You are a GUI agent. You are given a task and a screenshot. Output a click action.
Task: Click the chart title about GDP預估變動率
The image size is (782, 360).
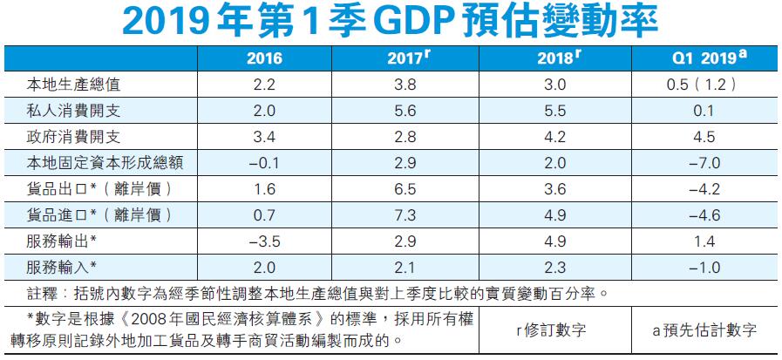[x=390, y=24]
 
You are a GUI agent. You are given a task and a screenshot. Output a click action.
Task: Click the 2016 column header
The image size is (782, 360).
[x=264, y=59]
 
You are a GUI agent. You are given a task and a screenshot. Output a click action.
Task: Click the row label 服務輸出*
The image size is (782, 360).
[x=60, y=240]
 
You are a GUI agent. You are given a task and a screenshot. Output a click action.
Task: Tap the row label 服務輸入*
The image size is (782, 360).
[x=60, y=265]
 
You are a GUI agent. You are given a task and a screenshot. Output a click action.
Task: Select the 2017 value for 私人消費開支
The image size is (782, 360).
[x=405, y=111]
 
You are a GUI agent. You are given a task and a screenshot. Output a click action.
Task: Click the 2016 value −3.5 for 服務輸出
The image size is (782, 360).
[x=264, y=240]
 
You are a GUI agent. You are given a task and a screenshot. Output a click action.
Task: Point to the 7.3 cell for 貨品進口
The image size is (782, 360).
[x=405, y=214]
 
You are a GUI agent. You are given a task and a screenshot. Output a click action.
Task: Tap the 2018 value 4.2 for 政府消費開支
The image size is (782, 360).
[x=554, y=136]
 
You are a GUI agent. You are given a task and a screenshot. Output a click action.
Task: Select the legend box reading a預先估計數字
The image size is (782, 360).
[x=704, y=329]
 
